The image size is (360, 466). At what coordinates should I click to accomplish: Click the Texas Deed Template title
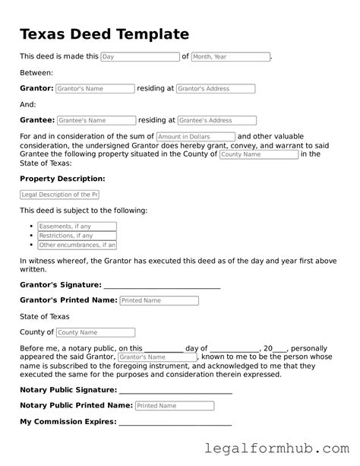click(x=104, y=34)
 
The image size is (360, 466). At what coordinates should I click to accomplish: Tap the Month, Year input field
click(x=230, y=57)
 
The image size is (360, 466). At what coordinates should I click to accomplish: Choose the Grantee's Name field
click(x=96, y=120)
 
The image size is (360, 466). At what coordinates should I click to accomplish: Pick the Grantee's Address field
click(x=216, y=120)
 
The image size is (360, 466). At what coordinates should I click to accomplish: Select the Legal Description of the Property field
click(x=65, y=195)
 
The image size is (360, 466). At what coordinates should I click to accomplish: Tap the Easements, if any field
click(x=77, y=227)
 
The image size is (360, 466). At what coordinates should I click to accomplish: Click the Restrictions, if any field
click(x=77, y=236)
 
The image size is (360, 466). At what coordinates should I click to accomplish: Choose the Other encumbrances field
click(x=77, y=245)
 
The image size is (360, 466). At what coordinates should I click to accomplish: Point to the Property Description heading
click(x=62, y=179)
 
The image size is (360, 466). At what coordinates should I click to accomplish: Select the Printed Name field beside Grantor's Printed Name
click(x=159, y=301)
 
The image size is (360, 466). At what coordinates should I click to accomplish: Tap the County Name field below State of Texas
click(x=96, y=332)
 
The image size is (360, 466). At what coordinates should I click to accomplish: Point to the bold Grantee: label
click(x=36, y=120)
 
